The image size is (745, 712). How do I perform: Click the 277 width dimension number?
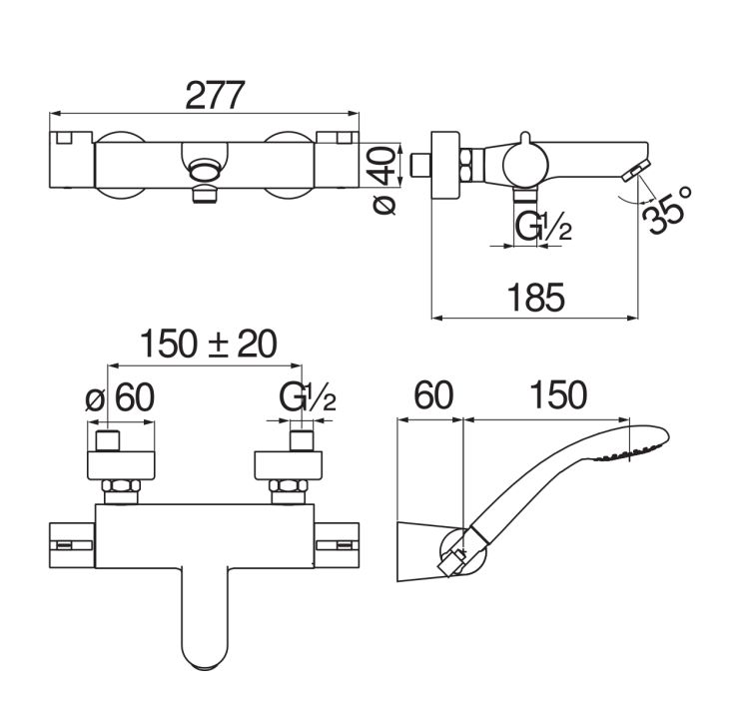[215, 95]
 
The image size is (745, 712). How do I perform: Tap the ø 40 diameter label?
[383, 180]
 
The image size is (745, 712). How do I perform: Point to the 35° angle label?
[666, 211]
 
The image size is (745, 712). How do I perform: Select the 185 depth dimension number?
[536, 298]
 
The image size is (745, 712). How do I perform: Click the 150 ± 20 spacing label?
[209, 344]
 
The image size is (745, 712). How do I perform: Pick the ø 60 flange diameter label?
[120, 397]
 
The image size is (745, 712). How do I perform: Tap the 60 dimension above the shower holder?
[433, 394]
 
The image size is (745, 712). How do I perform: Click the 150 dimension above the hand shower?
[558, 394]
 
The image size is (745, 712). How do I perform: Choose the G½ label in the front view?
[308, 397]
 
